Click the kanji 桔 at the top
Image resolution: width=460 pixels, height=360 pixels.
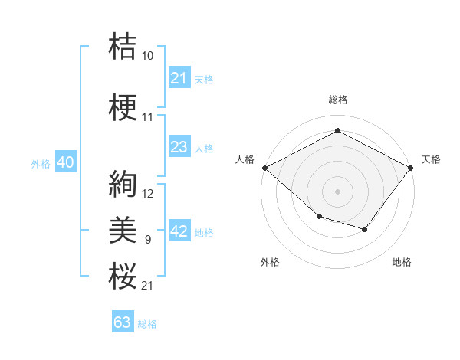[x=123, y=46]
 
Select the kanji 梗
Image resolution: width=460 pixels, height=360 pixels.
[x=123, y=107]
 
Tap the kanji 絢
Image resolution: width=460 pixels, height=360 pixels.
[x=123, y=184]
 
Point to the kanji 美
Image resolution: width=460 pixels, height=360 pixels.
[x=123, y=230]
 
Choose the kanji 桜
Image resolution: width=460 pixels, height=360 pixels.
[x=123, y=276]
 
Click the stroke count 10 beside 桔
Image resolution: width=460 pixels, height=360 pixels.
[x=147, y=56]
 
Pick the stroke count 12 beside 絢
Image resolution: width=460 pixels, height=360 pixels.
[x=147, y=194]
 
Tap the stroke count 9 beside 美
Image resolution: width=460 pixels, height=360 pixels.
[x=148, y=240]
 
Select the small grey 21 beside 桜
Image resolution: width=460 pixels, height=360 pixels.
[x=147, y=286]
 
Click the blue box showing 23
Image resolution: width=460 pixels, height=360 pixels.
[x=179, y=146]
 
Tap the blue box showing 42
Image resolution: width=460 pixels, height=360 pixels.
[x=179, y=230]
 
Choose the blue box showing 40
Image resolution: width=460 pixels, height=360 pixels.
[x=66, y=162]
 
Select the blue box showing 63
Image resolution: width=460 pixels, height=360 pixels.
[x=123, y=321]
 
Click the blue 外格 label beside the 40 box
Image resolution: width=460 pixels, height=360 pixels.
[x=41, y=164]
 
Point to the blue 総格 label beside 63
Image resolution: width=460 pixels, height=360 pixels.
[x=147, y=324]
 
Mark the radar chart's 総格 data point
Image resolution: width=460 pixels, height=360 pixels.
[x=337, y=130]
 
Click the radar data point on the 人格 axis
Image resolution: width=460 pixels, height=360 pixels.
[x=265, y=168]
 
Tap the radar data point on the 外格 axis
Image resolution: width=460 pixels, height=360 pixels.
[x=320, y=216]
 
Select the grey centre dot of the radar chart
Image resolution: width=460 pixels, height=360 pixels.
[x=337, y=191]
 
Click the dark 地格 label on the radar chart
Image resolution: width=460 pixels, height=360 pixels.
[x=402, y=262]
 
